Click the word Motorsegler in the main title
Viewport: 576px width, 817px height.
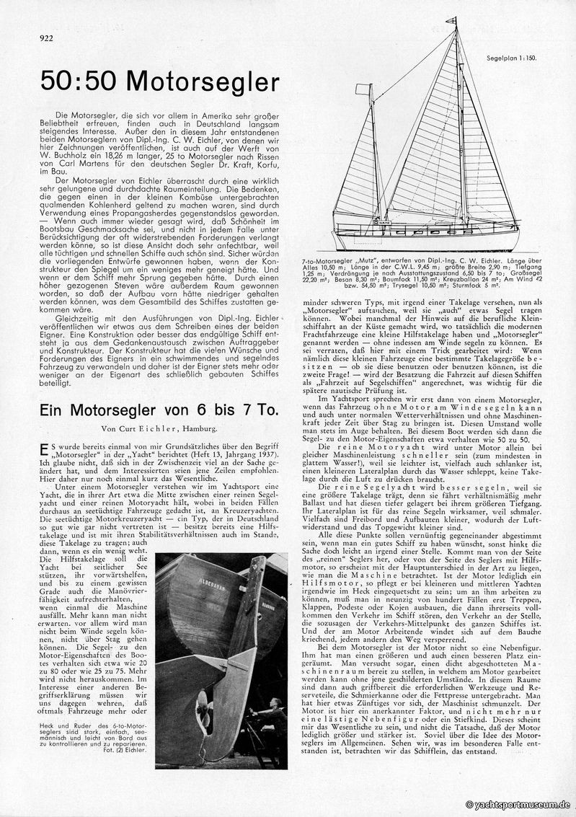(203, 82)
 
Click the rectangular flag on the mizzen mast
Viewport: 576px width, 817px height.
(363, 89)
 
